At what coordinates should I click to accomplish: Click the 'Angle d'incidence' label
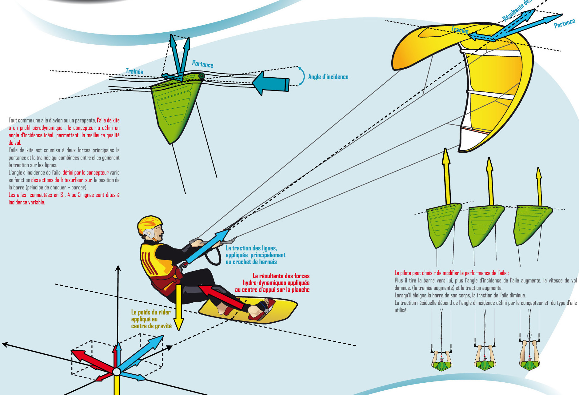[x=328, y=77]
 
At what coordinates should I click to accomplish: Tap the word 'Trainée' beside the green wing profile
[x=134, y=71]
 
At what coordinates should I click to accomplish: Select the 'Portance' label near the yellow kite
[x=564, y=23]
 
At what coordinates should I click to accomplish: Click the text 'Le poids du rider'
[x=151, y=312]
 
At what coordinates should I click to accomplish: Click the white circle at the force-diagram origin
[x=117, y=372]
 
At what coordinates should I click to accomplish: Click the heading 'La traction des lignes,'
[x=251, y=248]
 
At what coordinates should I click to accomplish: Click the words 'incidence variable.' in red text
[x=27, y=202]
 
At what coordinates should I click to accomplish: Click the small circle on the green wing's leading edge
[x=201, y=76]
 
